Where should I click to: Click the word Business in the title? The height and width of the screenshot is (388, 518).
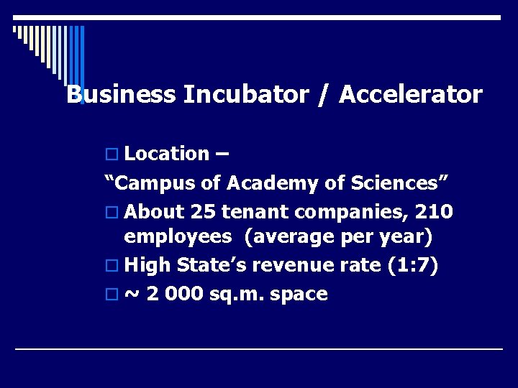(x=121, y=95)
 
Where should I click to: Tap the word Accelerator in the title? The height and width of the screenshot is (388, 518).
(x=410, y=95)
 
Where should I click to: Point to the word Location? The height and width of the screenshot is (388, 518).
(x=166, y=154)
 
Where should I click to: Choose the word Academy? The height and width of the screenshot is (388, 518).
(x=273, y=184)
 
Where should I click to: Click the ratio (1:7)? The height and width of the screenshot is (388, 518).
(x=414, y=265)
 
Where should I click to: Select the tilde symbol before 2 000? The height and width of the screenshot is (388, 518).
(x=132, y=294)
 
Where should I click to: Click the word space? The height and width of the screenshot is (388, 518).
(x=301, y=294)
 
